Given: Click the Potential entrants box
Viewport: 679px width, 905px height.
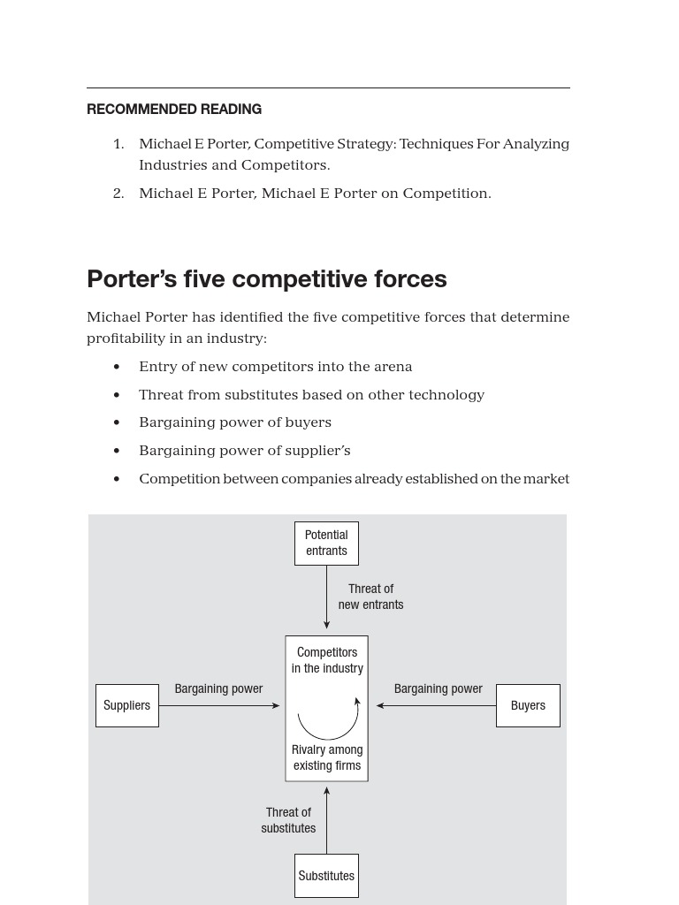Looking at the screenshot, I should tap(326, 543).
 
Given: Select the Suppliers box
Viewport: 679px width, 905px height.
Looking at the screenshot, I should tap(127, 705).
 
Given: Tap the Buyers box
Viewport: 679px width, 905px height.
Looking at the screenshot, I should tap(528, 705).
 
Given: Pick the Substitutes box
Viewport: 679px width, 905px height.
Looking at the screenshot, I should tap(326, 876).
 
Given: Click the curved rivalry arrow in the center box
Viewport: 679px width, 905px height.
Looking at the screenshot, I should tap(328, 723).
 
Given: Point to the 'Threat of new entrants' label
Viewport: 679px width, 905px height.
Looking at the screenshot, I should tap(370, 597).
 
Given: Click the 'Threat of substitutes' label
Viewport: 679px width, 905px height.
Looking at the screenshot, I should tap(288, 820).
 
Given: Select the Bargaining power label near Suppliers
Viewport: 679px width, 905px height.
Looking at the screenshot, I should tap(218, 688).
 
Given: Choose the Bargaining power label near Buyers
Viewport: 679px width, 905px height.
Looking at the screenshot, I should tap(439, 688).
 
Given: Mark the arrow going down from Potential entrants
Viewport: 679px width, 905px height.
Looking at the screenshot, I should tap(326, 597).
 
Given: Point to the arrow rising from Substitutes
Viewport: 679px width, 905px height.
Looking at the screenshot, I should tap(326, 819).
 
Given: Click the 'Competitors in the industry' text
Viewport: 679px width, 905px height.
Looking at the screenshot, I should tap(327, 660).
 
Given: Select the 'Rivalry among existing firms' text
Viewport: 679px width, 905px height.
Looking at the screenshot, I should tap(327, 757).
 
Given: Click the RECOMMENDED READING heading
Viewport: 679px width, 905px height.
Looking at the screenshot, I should tap(174, 110).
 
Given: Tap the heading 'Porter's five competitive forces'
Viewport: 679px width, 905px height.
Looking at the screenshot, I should tap(267, 279).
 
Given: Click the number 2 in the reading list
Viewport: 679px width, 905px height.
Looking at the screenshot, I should tap(118, 194).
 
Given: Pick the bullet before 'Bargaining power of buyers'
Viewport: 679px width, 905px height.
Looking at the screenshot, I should tap(117, 422).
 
